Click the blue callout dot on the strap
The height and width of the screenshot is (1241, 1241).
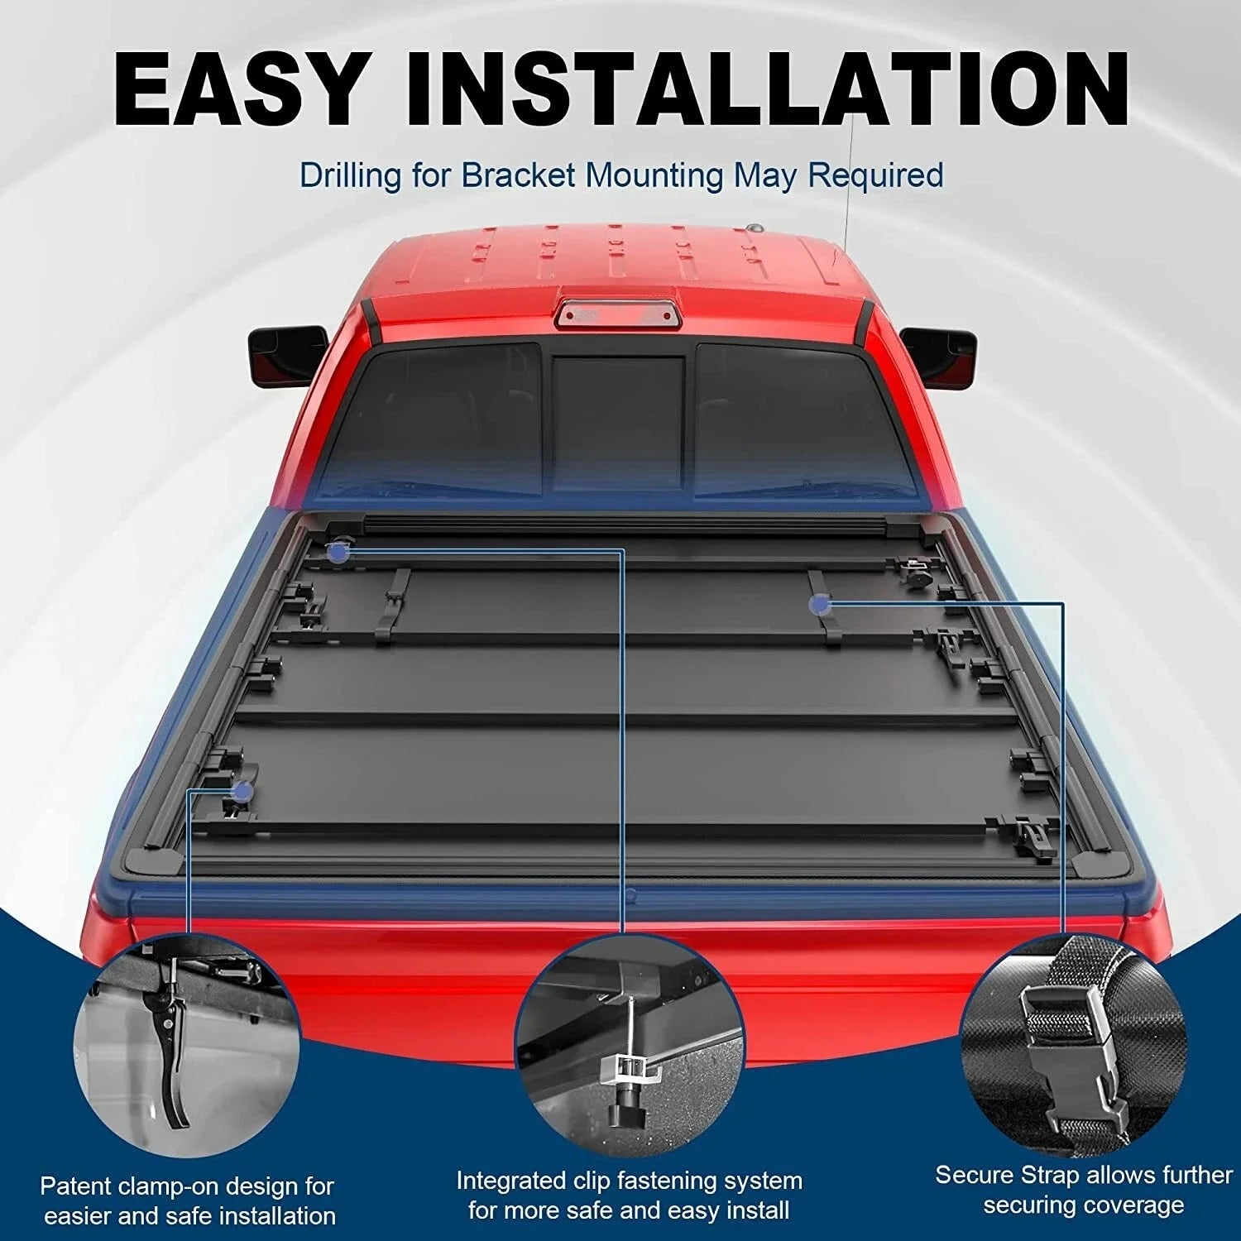(x=820, y=605)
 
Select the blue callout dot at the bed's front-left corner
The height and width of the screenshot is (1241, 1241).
(x=336, y=552)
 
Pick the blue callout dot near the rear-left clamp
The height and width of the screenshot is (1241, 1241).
(x=242, y=792)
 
